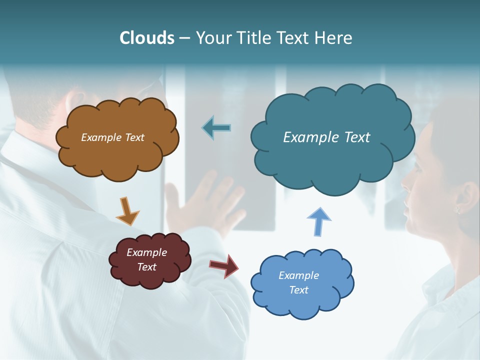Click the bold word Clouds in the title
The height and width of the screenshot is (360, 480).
146,38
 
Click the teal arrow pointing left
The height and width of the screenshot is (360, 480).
217,128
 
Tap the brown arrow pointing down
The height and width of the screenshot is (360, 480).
127,211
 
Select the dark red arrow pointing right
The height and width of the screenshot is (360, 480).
224,265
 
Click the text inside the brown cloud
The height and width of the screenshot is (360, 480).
112,137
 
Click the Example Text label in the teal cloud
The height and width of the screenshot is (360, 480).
326,137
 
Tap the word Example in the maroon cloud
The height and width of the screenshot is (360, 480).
146,252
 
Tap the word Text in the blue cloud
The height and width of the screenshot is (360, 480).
298,290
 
